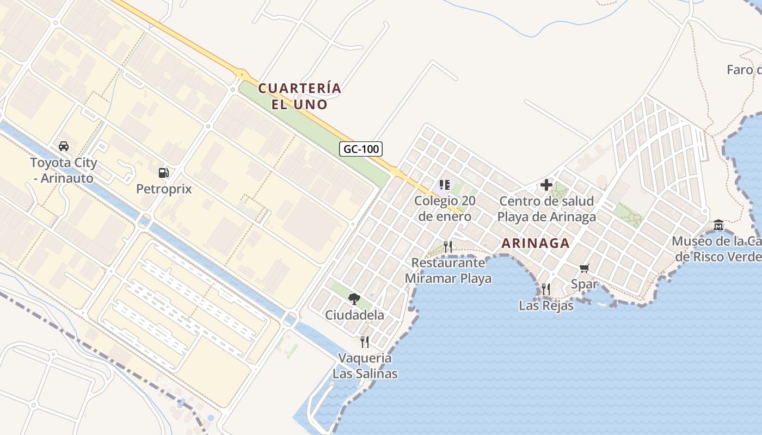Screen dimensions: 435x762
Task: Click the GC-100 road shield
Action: (x=361, y=148)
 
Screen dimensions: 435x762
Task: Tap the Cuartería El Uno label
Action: (x=299, y=96)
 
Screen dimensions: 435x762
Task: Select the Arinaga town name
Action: (x=535, y=243)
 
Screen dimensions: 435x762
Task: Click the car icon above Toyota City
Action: (x=64, y=146)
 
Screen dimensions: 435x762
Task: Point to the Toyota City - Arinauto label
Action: (x=63, y=170)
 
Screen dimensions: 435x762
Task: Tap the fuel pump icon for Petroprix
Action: (x=163, y=173)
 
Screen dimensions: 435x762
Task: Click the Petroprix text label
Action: (x=164, y=189)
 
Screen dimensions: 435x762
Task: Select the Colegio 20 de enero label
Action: (x=445, y=208)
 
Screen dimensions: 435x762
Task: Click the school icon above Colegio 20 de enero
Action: (x=445, y=185)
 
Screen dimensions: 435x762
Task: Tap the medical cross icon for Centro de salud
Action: (x=546, y=185)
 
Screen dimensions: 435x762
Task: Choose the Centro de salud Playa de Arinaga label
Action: (x=546, y=209)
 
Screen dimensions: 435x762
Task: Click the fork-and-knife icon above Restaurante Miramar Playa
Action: (x=448, y=246)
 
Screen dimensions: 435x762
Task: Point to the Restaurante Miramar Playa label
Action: (x=448, y=271)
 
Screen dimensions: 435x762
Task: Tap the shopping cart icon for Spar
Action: (x=585, y=268)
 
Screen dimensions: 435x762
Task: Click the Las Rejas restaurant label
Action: (x=546, y=306)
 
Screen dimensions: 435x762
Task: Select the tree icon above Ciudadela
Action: (x=354, y=299)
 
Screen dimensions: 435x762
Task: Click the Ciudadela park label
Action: (x=354, y=315)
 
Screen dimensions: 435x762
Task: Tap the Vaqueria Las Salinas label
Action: (x=365, y=366)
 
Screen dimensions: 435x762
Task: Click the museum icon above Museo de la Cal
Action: (x=718, y=225)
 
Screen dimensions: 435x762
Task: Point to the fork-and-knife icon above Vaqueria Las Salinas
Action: (x=365, y=341)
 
